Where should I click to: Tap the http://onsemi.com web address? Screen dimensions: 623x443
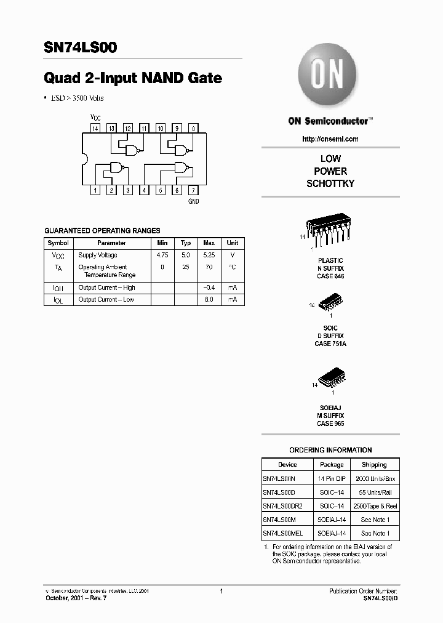[330, 139]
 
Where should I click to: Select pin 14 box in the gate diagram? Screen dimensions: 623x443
[95, 128]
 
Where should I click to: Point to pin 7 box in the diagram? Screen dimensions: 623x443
[193, 190]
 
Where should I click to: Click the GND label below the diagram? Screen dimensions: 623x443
[193, 201]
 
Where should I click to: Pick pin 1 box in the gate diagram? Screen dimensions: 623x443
[95, 190]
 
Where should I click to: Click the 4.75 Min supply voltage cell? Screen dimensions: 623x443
[162, 255]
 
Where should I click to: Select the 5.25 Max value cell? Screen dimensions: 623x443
[209, 255]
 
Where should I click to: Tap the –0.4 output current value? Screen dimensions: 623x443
[209, 287]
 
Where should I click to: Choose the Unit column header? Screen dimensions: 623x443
[233, 243]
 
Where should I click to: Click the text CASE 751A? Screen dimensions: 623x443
[330, 344]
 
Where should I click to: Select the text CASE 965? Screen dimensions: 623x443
[330, 424]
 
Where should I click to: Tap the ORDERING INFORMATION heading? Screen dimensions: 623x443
[330, 450]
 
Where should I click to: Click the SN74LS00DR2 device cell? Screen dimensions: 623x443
[283, 505]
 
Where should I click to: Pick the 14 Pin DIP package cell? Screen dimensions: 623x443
[332, 478]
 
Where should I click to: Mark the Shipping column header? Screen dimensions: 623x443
[374, 465]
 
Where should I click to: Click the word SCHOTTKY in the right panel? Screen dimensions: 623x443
[330, 183]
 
